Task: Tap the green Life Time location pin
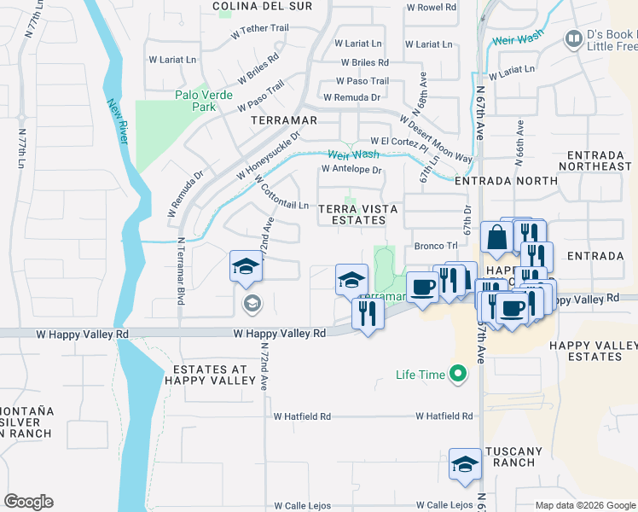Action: pos(459,374)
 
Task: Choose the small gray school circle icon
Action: pos(252,304)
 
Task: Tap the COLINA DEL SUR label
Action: pos(250,6)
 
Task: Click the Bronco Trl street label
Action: pos(431,246)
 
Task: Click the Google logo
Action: pos(28,502)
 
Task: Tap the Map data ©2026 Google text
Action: pos(584,505)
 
